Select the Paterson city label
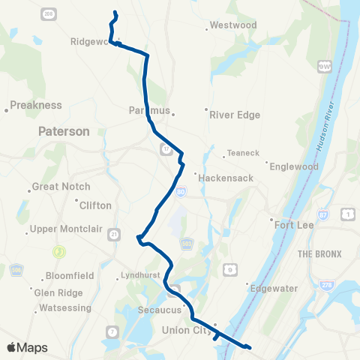(x=64, y=131)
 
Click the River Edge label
(x=235, y=115)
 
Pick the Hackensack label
(x=224, y=178)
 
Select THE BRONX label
(x=319, y=254)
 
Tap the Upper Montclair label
(x=59, y=229)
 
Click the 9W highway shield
(x=325, y=67)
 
